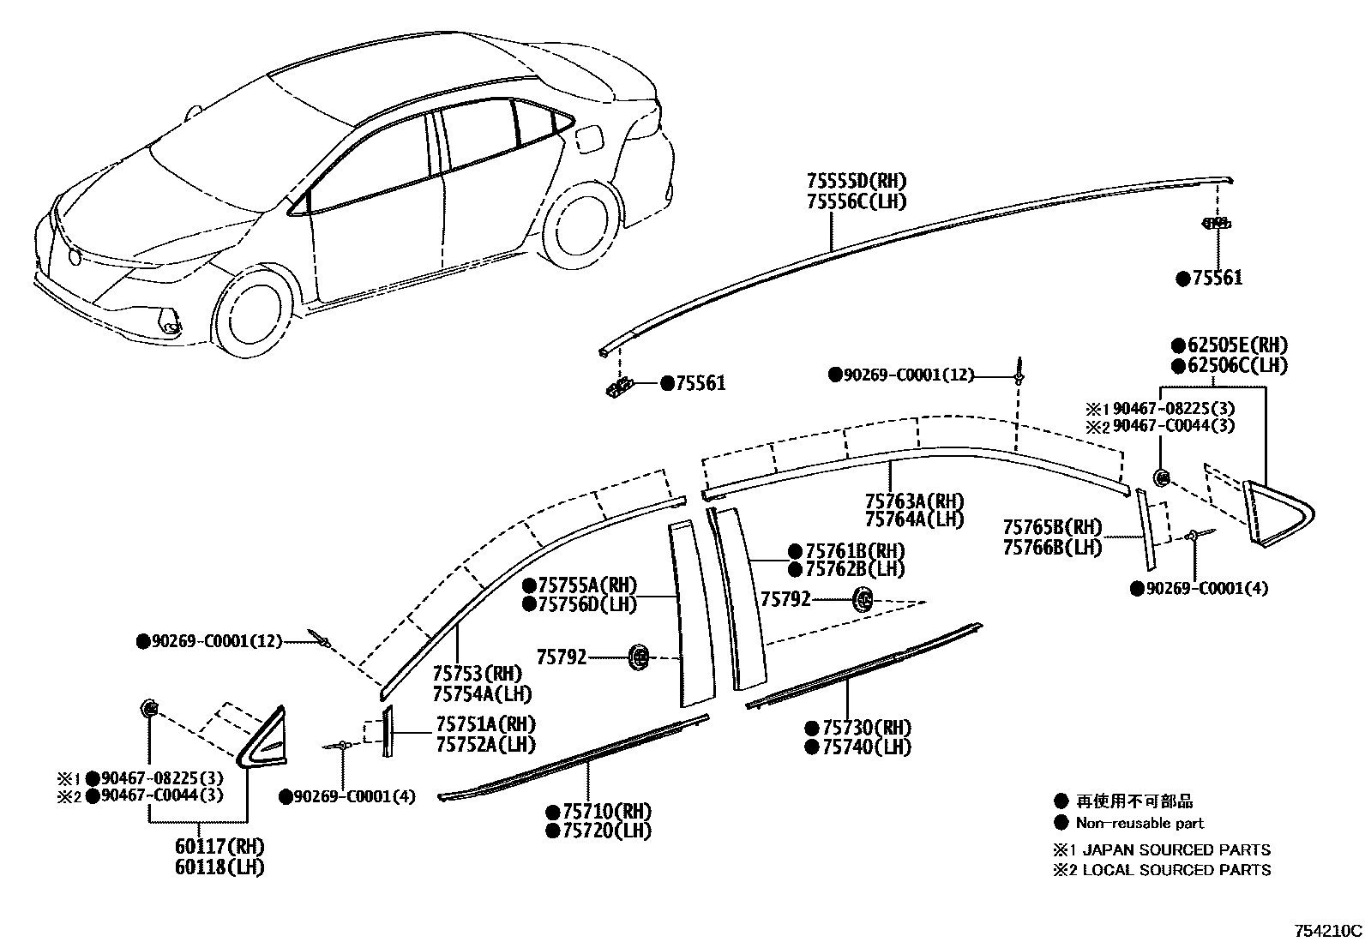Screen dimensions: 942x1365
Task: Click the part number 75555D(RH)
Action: pos(856,181)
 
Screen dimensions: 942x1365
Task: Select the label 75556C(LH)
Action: pos(856,201)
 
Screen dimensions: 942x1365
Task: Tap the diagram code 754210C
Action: pos(1327,930)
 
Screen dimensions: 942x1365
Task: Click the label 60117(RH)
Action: pos(219,846)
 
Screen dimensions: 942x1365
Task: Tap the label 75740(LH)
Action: pos(866,747)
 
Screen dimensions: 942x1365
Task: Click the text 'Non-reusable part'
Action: pos(1140,823)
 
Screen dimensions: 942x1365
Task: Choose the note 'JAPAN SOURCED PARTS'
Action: pos(1176,849)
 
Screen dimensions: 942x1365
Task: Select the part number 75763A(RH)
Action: pos(914,501)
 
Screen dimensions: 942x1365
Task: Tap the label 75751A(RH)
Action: pos(485,724)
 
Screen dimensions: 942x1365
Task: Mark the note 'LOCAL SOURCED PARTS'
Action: pos(1176,870)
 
